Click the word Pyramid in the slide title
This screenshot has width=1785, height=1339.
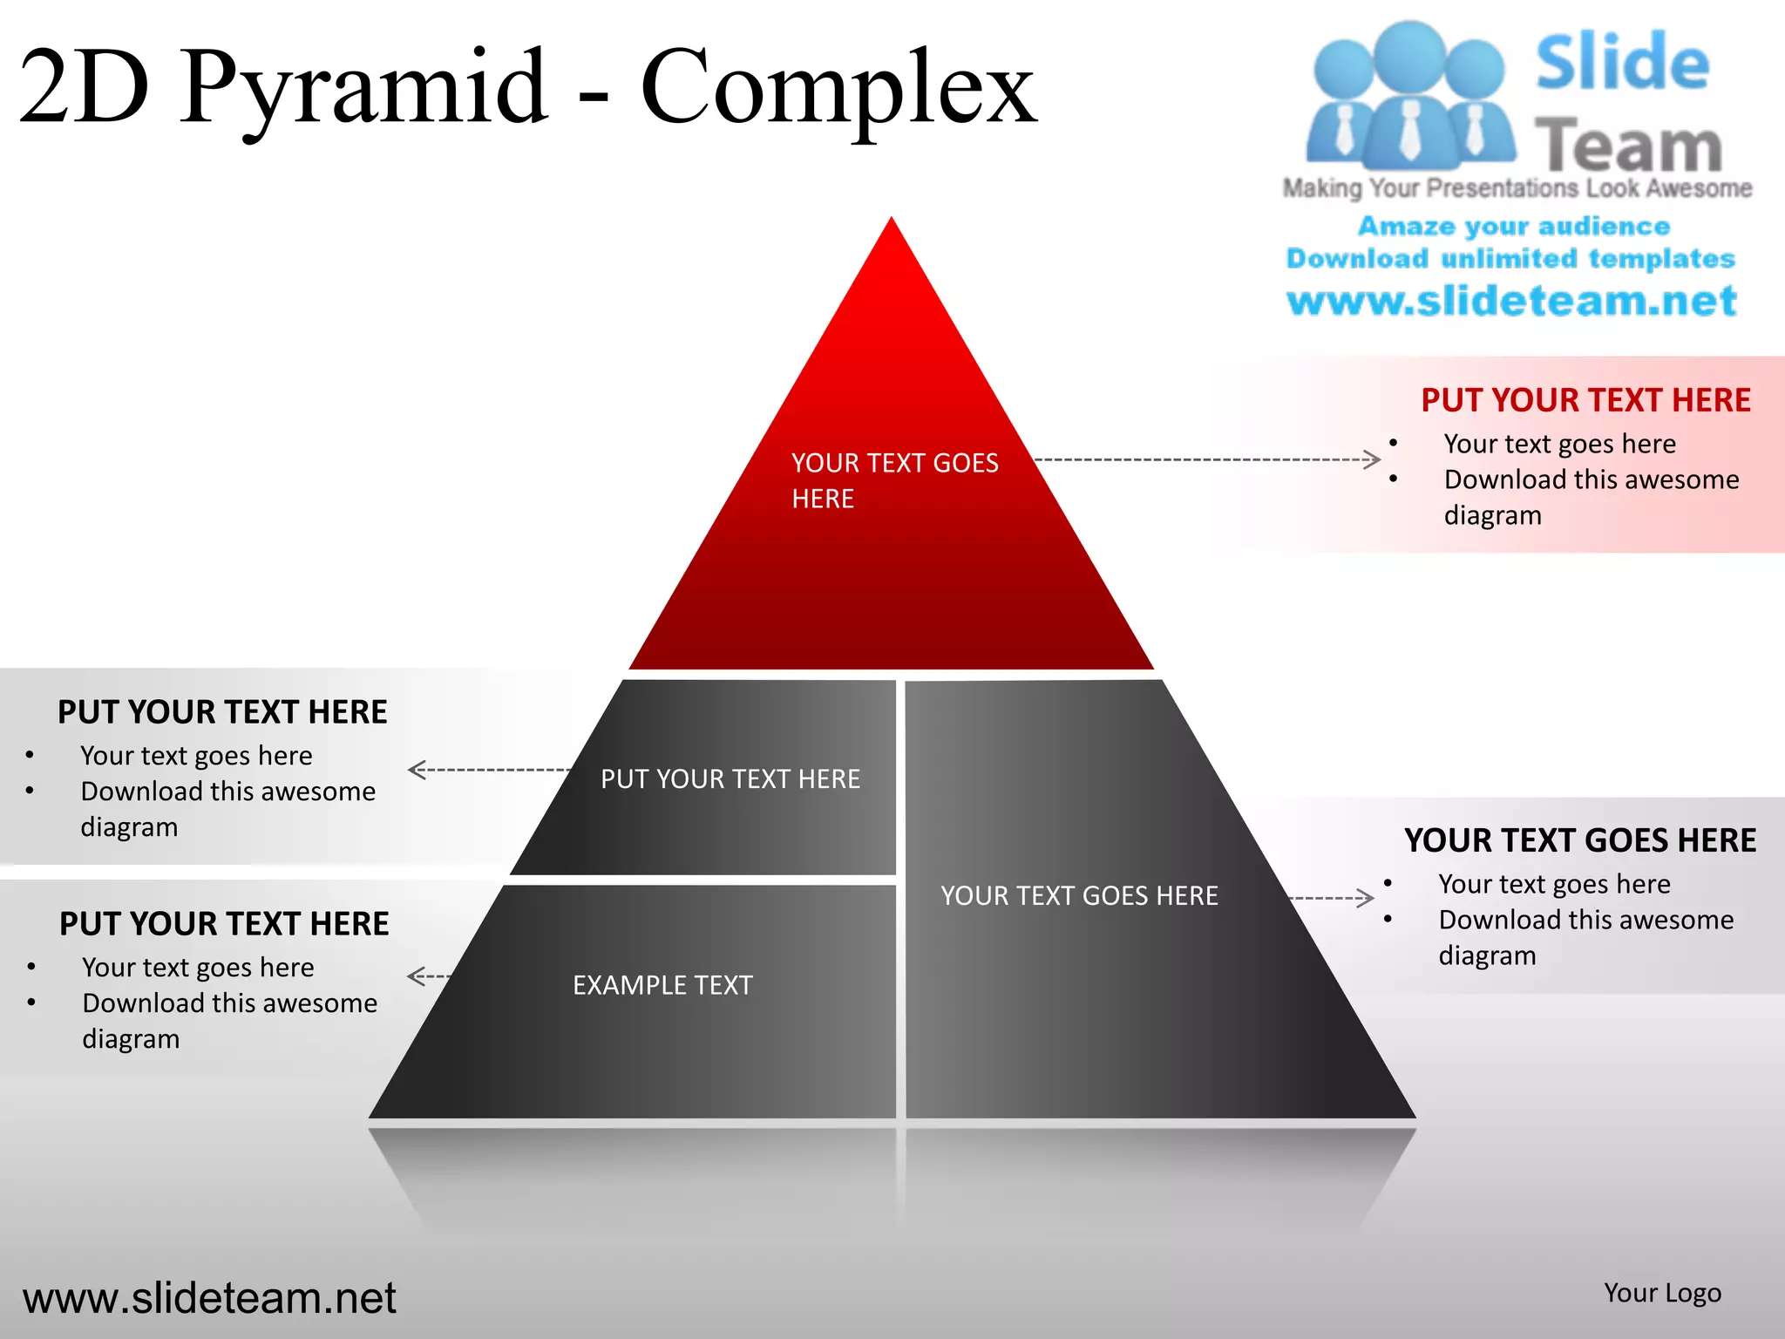(x=364, y=87)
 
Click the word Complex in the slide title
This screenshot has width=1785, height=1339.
(x=838, y=87)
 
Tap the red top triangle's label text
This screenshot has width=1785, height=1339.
(x=894, y=479)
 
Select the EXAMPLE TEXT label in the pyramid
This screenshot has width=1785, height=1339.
(x=662, y=985)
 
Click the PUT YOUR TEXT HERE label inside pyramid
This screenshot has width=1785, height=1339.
(x=730, y=778)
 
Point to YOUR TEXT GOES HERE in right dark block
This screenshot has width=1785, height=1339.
(x=1079, y=895)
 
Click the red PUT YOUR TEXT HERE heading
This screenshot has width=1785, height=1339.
(x=1585, y=400)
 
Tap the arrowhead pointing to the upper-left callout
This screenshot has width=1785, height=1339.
(x=417, y=770)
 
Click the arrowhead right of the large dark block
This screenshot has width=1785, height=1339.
(x=1367, y=898)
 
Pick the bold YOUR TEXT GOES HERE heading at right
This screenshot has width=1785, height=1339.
(x=1580, y=840)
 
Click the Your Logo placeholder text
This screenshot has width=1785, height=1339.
(x=1662, y=1293)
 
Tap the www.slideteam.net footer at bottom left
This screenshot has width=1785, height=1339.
(x=209, y=1298)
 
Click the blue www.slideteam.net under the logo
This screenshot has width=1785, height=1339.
(x=1511, y=301)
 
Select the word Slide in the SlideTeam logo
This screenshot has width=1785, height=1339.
(x=1621, y=63)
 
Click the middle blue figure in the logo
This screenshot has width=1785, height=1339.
(x=1409, y=96)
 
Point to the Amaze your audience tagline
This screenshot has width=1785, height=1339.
(x=1514, y=226)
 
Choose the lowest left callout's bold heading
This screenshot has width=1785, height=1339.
(x=224, y=924)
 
